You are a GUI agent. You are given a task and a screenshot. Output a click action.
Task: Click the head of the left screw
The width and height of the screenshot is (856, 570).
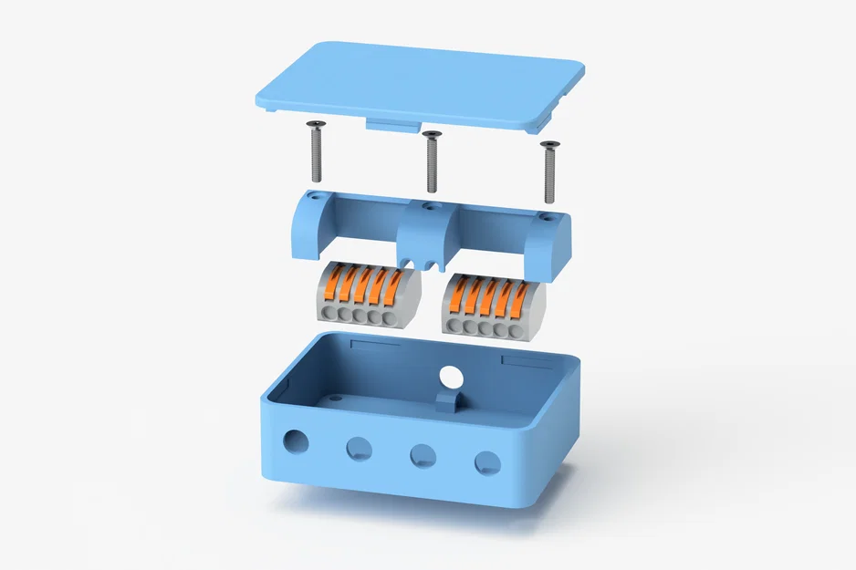tap(317, 125)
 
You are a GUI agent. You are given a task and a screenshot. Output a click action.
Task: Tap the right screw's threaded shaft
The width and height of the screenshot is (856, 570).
tap(549, 178)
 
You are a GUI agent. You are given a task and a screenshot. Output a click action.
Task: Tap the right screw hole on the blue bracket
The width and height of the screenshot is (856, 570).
tap(545, 217)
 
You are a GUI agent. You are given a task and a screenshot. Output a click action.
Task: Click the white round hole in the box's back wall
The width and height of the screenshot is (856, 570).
tap(450, 376)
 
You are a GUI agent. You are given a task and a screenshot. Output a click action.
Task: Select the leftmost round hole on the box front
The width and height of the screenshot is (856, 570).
tap(296, 441)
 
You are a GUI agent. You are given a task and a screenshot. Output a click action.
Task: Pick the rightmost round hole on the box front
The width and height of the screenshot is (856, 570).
tap(487, 462)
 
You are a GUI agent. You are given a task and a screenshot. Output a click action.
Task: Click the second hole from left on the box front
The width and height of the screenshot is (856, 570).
tap(359, 448)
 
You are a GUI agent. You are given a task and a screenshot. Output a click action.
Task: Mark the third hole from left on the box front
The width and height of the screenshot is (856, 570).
tap(422, 455)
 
